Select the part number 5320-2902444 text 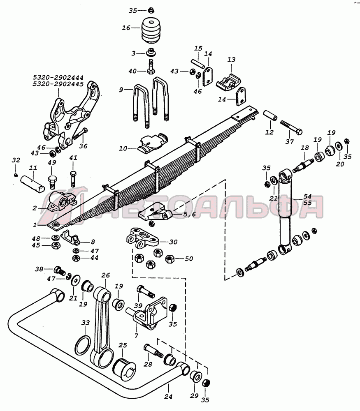coord(58,78)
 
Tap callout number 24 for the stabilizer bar coord(168,396)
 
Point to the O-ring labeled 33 coord(83,346)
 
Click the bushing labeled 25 coord(124,368)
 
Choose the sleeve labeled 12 coord(270,115)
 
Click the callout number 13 coord(231,60)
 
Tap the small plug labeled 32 coord(16,175)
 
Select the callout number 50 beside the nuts coord(189,259)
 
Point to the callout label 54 coord(307,196)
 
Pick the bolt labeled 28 coord(153,351)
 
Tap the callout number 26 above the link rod coord(105,275)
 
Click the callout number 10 coord(123,149)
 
